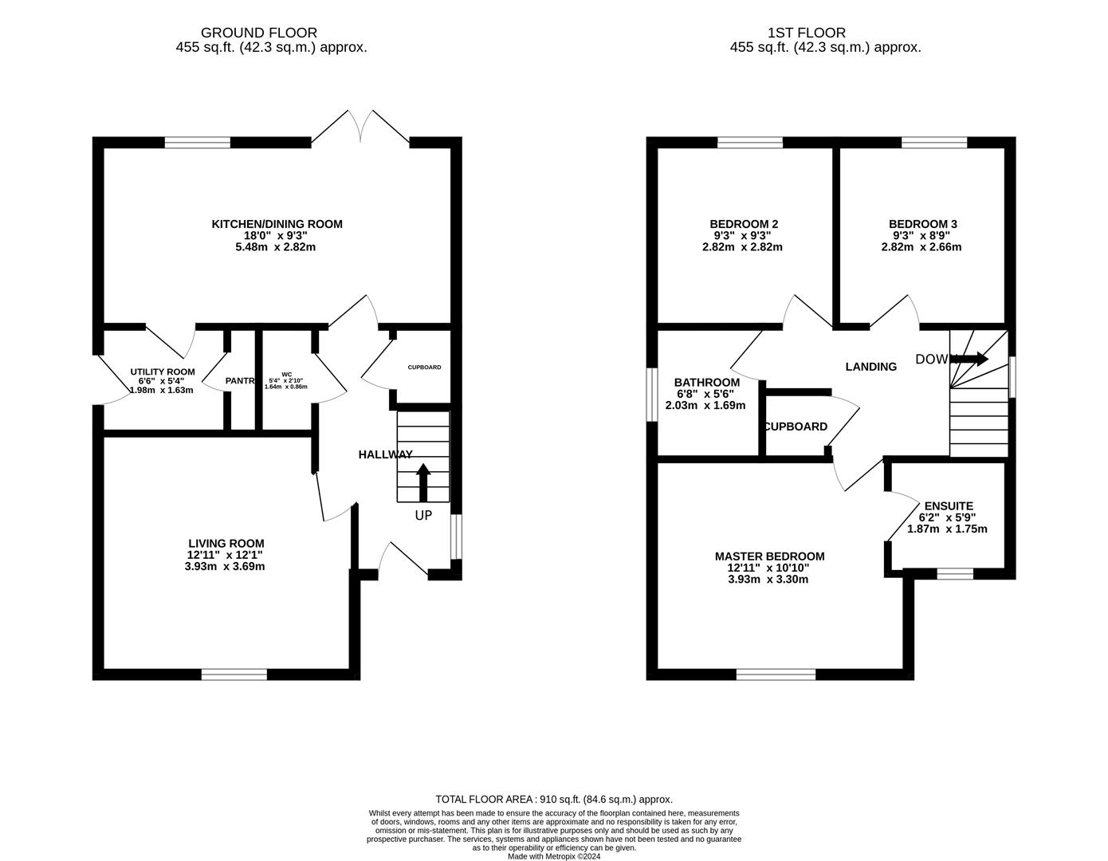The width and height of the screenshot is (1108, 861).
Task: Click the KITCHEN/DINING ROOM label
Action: click(x=277, y=224)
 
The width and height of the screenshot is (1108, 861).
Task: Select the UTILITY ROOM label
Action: click(x=163, y=372)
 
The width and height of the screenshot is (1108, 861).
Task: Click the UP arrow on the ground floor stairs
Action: click(x=423, y=482)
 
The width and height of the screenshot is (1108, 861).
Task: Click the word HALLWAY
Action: click(x=385, y=454)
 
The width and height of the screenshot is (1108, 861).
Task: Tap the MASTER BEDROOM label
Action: click(x=769, y=556)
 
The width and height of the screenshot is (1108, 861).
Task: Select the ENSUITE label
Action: click(x=949, y=505)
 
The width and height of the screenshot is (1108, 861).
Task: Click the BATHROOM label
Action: click(x=706, y=383)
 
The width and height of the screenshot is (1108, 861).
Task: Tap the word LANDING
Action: click(x=870, y=367)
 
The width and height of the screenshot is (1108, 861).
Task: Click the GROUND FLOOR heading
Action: click(x=259, y=33)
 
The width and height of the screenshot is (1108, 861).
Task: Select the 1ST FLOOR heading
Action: click(x=806, y=33)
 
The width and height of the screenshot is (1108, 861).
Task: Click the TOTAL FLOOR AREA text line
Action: click(x=553, y=799)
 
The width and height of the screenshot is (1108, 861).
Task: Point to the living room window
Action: click(x=234, y=674)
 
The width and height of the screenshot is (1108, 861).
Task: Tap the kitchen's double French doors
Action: click(x=360, y=129)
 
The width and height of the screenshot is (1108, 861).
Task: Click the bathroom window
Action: click(x=652, y=394)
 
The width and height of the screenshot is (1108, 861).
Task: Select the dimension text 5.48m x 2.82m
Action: click(x=277, y=247)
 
